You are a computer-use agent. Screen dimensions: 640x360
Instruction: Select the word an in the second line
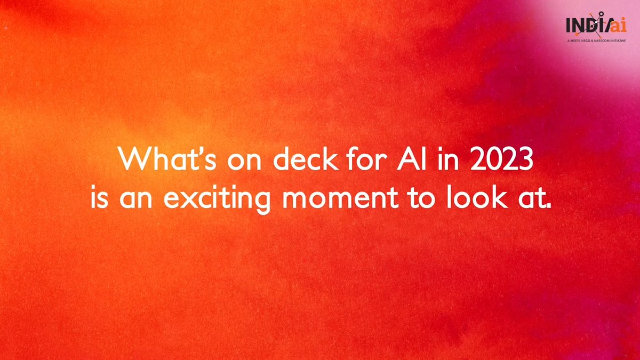pyautogui.click(x=135, y=199)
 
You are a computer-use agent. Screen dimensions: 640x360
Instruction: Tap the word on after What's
pyautogui.click(x=244, y=162)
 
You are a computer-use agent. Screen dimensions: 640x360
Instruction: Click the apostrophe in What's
pyautogui.click(x=197, y=151)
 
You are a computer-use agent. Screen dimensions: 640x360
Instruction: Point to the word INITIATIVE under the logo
pyautogui.click(x=617, y=41)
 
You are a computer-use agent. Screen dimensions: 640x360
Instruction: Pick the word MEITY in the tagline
pyautogui.click(x=575, y=41)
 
